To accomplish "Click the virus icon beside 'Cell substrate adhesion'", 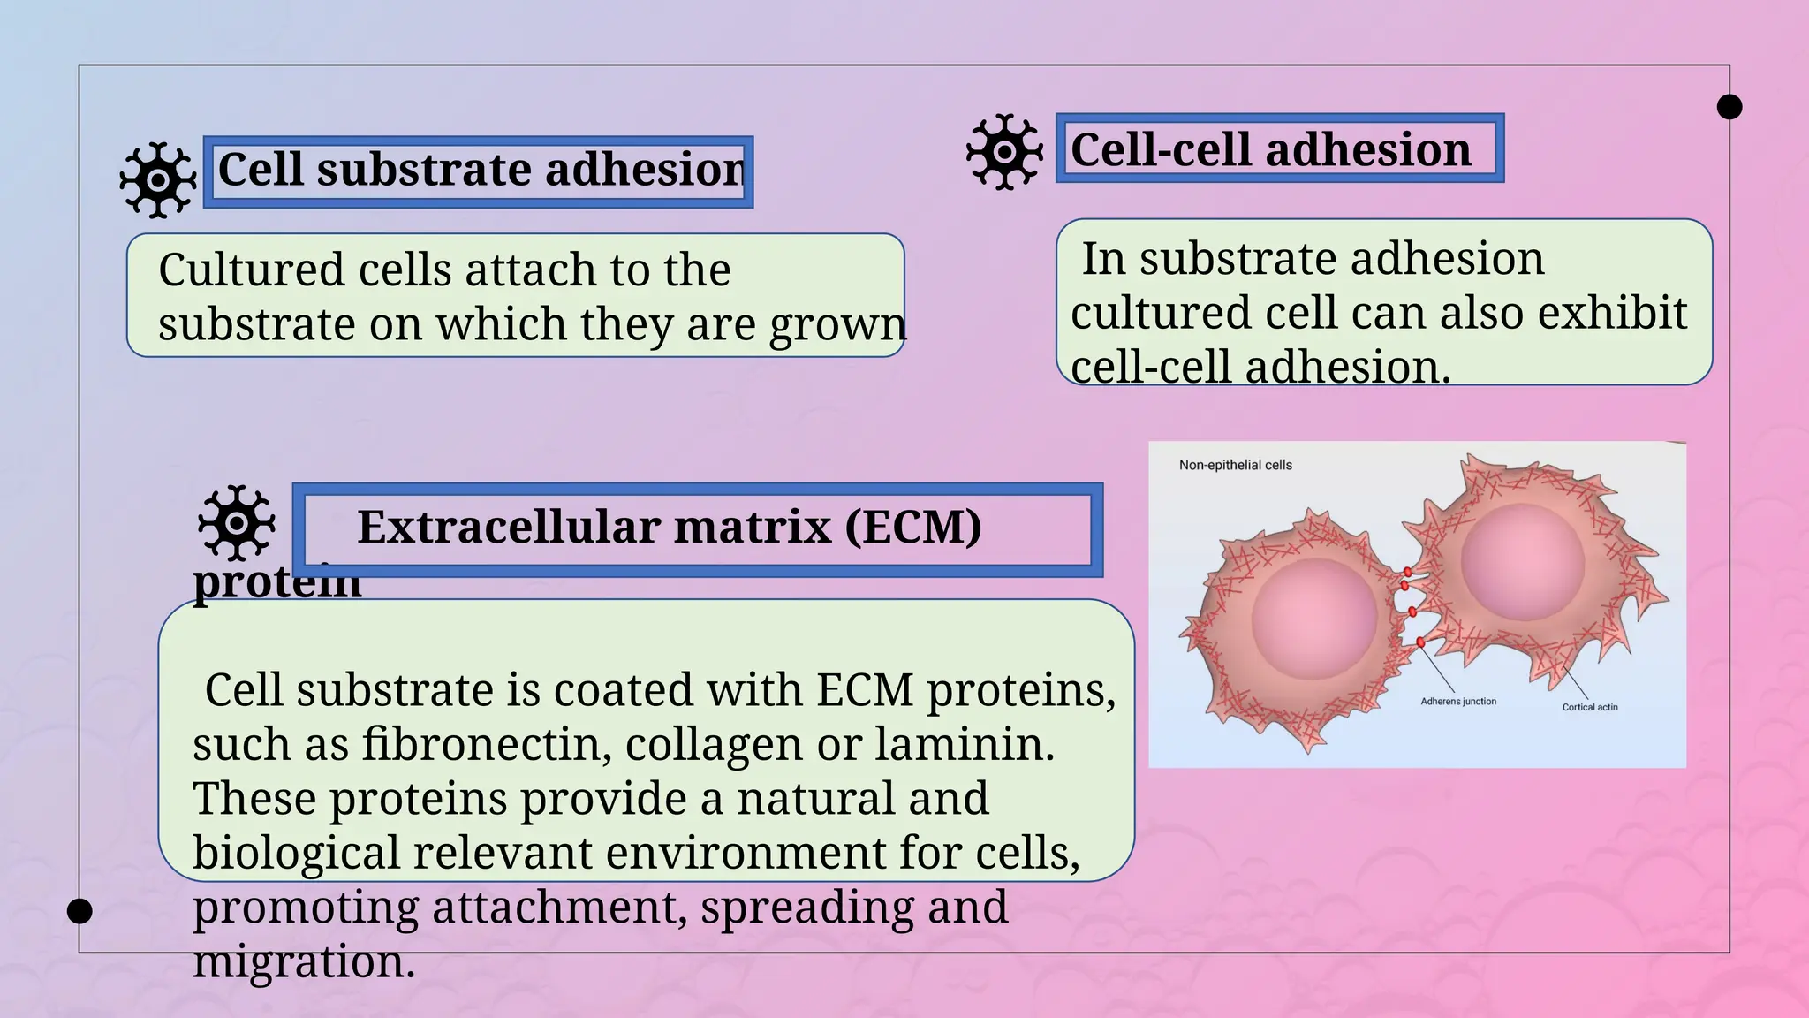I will pyautogui.click(x=158, y=180).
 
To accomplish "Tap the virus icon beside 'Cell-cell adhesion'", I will pyautogui.click(x=1004, y=152).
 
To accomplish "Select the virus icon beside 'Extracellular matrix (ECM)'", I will pyautogui.click(x=236, y=523).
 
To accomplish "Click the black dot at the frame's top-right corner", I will pyautogui.click(x=1730, y=107).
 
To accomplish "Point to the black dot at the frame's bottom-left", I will pyautogui.click(x=79, y=911).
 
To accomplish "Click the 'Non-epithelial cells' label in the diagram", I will pyautogui.click(x=1235, y=465).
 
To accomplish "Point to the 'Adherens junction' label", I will pyautogui.click(x=1458, y=702).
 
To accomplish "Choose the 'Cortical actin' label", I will pyautogui.click(x=1589, y=707).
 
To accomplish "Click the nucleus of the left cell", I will pyautogui.click(x=1314, y=618).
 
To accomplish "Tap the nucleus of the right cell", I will pyautogui.click(x=1522, y=561).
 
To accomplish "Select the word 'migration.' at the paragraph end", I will pyautogui.click(x=304, y=961).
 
